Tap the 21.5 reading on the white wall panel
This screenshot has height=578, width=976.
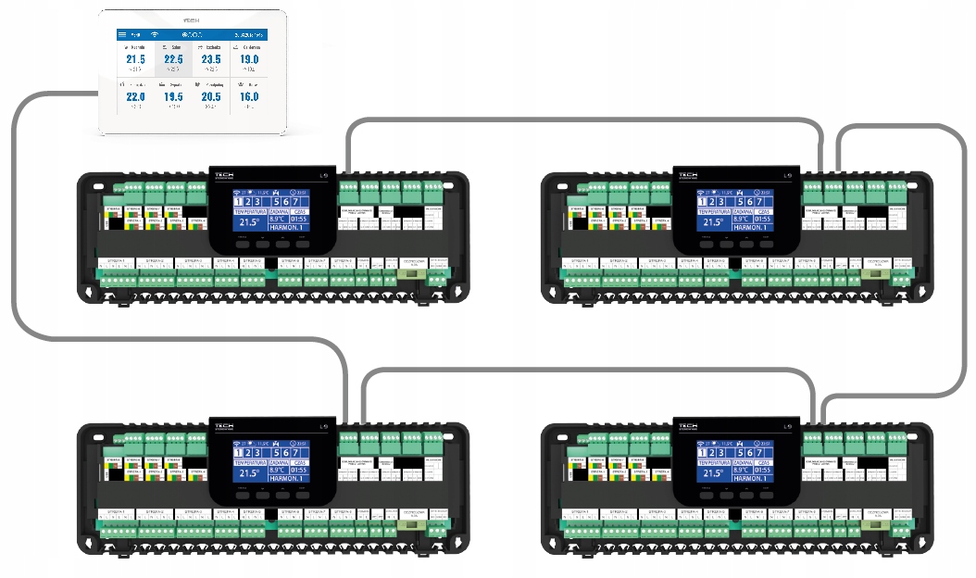[135, 59]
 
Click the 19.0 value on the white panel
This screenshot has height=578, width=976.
[249, 59]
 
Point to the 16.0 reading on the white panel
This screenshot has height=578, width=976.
[249, 96]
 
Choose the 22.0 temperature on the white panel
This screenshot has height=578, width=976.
[135, 96]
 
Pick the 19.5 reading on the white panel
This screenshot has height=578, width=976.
[173, 96]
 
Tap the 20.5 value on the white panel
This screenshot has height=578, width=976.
[210, 96]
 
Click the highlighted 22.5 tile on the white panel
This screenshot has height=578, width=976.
[173, 58]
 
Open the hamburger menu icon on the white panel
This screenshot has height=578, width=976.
[122, 34]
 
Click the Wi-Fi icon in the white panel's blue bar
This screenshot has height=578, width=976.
[155, 34]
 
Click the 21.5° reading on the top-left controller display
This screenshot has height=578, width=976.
[246, 221]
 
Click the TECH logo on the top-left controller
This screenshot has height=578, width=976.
[225, 174]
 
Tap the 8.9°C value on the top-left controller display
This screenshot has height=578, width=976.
[277, 220]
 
